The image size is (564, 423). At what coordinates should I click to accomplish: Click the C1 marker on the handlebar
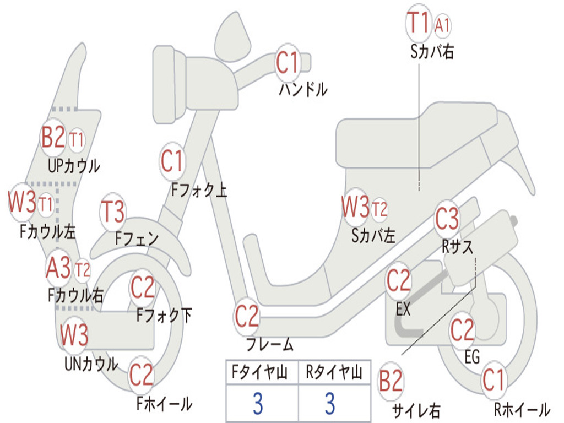pos(288,62)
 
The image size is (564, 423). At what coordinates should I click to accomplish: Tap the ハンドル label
pos(303,89)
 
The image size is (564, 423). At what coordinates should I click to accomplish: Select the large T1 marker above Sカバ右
pos(419,23)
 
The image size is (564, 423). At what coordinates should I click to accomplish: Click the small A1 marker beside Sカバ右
pos(442,26)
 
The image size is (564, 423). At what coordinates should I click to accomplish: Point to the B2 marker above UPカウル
pos(53,137)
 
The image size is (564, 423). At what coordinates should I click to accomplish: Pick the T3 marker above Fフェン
pos(113,212)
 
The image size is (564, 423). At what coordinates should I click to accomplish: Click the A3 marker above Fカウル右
pos(58,268)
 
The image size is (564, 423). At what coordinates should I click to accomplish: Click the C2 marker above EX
pos(398,281)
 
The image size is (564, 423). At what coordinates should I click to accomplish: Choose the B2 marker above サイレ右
pos(391,381)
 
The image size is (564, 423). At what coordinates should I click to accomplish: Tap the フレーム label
pos(270,344)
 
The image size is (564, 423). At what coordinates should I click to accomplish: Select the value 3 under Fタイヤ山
pos(258,404)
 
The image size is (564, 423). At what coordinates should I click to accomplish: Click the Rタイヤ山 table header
pos(334,372)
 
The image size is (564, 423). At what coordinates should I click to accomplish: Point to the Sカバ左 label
pos(373,236)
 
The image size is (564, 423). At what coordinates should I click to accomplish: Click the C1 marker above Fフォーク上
pos(172,161)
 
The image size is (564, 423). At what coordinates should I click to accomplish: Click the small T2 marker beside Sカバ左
pos(379,209)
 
